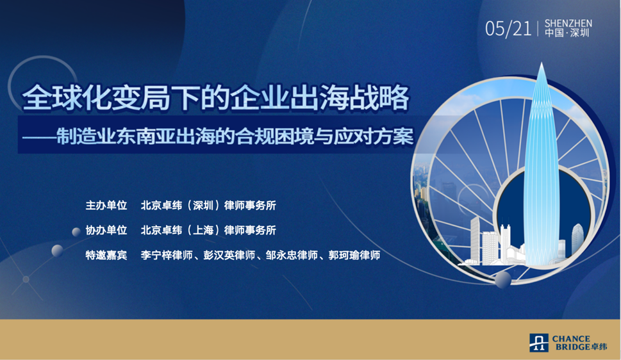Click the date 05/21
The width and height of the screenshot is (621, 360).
click(508, 29)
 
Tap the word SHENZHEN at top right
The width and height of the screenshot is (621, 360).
click(568, 23)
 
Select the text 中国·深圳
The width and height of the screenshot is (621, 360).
click(567, 34)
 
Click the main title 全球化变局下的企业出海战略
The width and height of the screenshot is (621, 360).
click(215, 99)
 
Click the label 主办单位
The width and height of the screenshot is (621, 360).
click(106, 206)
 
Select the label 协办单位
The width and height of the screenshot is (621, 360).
click(106, 230)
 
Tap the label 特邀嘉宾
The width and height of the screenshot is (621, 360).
click(106, 255)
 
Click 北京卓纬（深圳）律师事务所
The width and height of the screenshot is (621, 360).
click(208, 206)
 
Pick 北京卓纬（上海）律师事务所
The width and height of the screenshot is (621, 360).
click(208, 230)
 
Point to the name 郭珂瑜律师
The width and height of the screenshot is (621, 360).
click(354, 255)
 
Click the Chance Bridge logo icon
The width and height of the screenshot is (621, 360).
click(539, 343)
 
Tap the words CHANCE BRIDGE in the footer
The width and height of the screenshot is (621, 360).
click(571, 343)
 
